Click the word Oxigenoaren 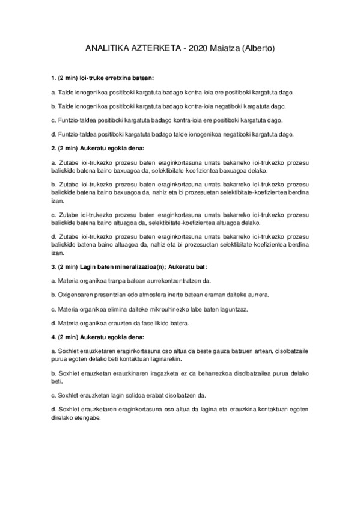click(76, 295)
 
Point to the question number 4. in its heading click(53, 337)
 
